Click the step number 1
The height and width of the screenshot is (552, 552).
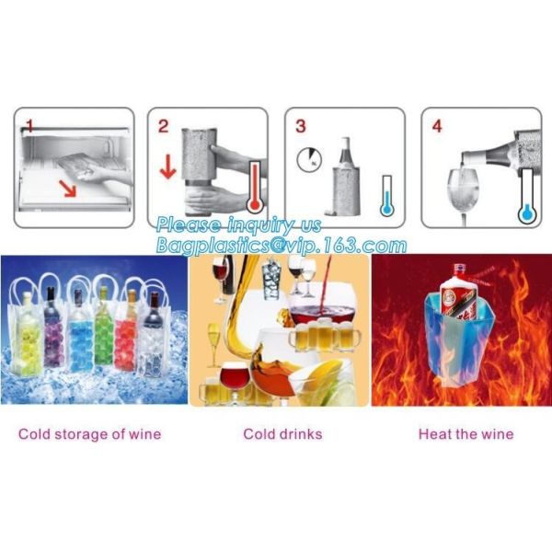pyautogui.click(x=30, y=126)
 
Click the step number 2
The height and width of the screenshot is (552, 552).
pyautogui.click(x=164, y=126)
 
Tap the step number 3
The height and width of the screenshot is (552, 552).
pyautogui.click(x=300, y=126)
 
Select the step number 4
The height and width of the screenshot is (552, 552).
pyautogui.click(x=437, y=126)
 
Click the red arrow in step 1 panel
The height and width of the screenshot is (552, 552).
pyautogui.click(x=67, y=188)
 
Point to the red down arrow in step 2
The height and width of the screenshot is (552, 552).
pyautogui.click(x=168, y=166)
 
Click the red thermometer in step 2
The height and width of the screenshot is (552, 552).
pyautogui.click(x=255, y=187)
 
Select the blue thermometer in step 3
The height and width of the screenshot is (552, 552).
pyautogui.click(x=387, y=196)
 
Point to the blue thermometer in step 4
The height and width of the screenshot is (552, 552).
pyautogui.click(x=527, y=197)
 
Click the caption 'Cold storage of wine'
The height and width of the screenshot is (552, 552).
pyautogui.click(x=90, y=434)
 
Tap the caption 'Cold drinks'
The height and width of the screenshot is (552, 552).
pyautogui.click(x=282, y=434)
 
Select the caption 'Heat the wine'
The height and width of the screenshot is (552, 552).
pyautogui.click(x=466, y=434)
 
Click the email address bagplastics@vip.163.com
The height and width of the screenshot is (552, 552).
pyautogui.click(x=282, y=245)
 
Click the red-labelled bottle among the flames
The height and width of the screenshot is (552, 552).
pyautogui.click(x=457, y=293)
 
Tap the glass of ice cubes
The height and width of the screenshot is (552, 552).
pyautogui.click(x=270, y=279)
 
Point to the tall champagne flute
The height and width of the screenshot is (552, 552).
pyautogui.click(x=213, y=345)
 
